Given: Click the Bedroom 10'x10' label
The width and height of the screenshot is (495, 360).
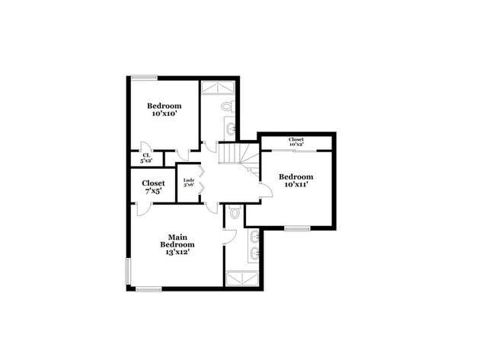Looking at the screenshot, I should [x=164, y=110].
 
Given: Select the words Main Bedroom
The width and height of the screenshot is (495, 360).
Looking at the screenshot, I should [x=177, y=240].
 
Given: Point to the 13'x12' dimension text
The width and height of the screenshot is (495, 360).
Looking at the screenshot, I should [x=177, y=252].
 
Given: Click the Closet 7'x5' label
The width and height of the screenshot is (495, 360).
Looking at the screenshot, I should [x=153, y=186].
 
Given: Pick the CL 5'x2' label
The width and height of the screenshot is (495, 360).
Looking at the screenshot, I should [x=146, y=158].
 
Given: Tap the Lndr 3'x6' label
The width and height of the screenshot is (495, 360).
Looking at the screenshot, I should [x=189, y=183].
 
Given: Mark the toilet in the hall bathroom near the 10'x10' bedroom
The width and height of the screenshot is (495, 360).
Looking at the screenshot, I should [x=229, y=107].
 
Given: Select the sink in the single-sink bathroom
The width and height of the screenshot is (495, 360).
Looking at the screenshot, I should [x=228, y=129].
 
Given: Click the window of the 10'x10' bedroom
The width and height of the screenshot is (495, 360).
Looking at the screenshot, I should [x=144, y=77].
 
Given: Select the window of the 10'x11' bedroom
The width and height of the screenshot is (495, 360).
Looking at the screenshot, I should [x=297, y=228].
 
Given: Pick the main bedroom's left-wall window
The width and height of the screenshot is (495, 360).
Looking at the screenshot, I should [x=128, y=270].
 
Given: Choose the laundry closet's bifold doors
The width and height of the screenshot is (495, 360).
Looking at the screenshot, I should [x=200, y=183].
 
